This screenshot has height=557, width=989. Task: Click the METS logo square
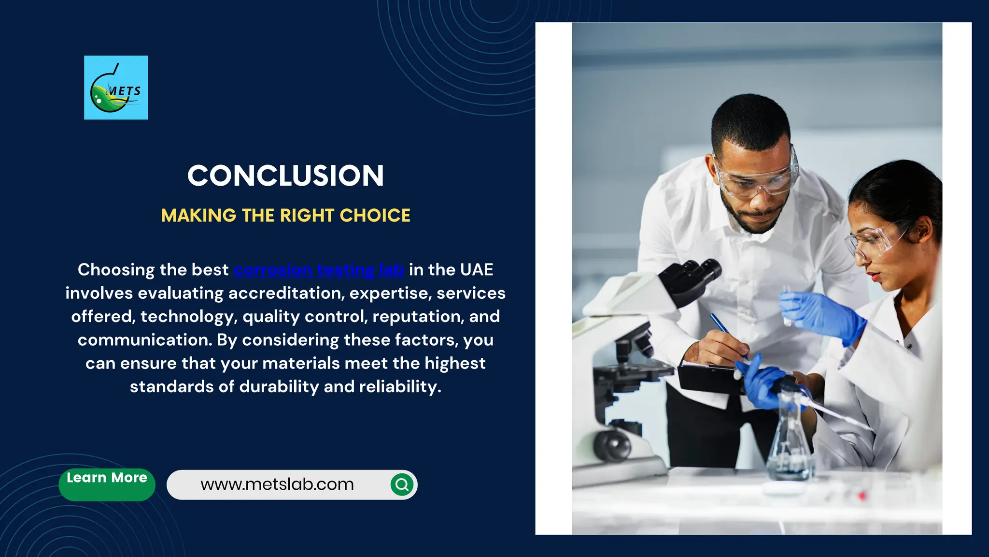pos(116,88)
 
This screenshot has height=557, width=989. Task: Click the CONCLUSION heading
pos(285,176)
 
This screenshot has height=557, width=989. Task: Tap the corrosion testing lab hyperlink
pos(319,270)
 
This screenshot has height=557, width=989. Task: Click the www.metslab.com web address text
pos(277,484)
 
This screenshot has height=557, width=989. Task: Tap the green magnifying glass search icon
pos(402,484)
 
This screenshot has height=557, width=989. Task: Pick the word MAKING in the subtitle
pos(198,216)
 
